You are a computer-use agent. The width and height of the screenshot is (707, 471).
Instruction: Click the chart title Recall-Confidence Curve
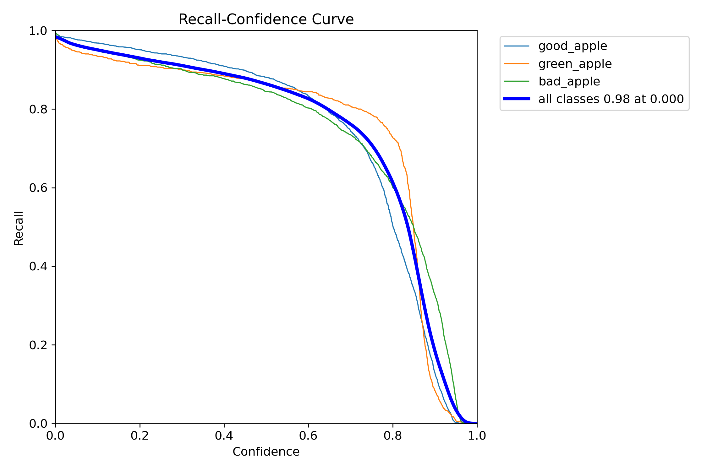pos(266,19)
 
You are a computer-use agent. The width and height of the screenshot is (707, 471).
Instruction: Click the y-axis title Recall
pos(19,228)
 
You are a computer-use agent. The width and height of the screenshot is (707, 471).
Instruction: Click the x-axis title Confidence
pos(266,452)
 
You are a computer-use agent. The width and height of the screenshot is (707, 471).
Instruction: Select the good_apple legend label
pos(573,46)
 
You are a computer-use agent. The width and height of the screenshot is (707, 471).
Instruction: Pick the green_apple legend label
pos(575,64)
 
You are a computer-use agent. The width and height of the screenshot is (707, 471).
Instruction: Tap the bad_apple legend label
pos(569,81)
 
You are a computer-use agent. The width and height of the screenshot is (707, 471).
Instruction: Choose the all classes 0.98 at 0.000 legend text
pos(611,99)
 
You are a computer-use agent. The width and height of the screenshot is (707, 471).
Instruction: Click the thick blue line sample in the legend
pos(517,99)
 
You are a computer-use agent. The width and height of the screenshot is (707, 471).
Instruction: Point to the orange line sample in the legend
pos(517,64)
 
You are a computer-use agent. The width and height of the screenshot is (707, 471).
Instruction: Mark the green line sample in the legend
pos(517,81)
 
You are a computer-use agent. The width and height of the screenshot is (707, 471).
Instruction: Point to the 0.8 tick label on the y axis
pos(38,109)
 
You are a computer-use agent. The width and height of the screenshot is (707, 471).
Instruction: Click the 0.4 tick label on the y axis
pos(38,266)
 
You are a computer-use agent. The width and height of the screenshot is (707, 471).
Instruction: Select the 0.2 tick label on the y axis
pos(38,345)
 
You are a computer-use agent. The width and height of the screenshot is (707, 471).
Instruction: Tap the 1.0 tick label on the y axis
pos(38,31)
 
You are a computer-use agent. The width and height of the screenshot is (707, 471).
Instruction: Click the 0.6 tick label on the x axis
pos(308,436)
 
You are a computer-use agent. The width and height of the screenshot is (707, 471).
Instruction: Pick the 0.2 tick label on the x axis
pos(140,436)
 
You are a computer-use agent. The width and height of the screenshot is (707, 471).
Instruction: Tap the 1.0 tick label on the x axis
pos(477,436)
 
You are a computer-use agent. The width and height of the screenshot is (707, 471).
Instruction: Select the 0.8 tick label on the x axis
pos(393,436)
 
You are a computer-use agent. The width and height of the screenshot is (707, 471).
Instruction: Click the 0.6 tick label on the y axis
pos(38,188)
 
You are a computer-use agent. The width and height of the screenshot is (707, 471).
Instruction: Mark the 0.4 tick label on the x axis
pos(224,436)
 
